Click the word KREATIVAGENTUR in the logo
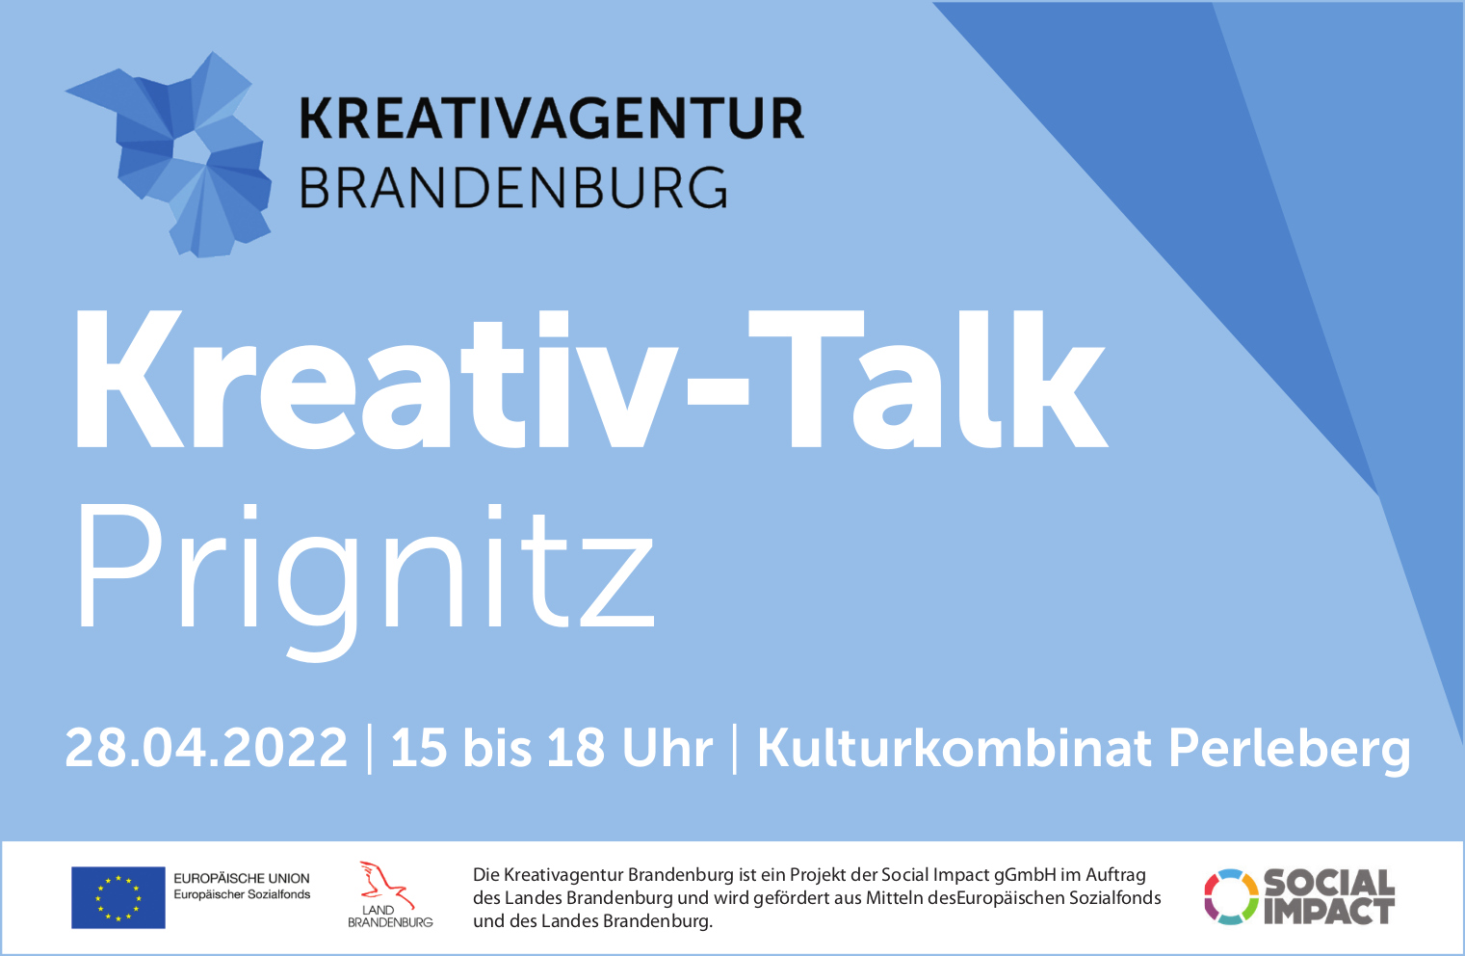coord(551,119)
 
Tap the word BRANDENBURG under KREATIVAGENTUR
coord(513,188)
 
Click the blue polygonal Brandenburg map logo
coord(169,154)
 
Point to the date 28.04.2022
coord(206,747)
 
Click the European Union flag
coord(118,898)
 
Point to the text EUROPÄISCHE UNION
coord(242,878)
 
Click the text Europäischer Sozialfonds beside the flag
coord(242,894)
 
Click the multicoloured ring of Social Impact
coord(1232,896)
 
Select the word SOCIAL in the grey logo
coord(1329,883)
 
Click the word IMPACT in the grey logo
coord(1328,912)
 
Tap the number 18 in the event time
coord(576,747)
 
